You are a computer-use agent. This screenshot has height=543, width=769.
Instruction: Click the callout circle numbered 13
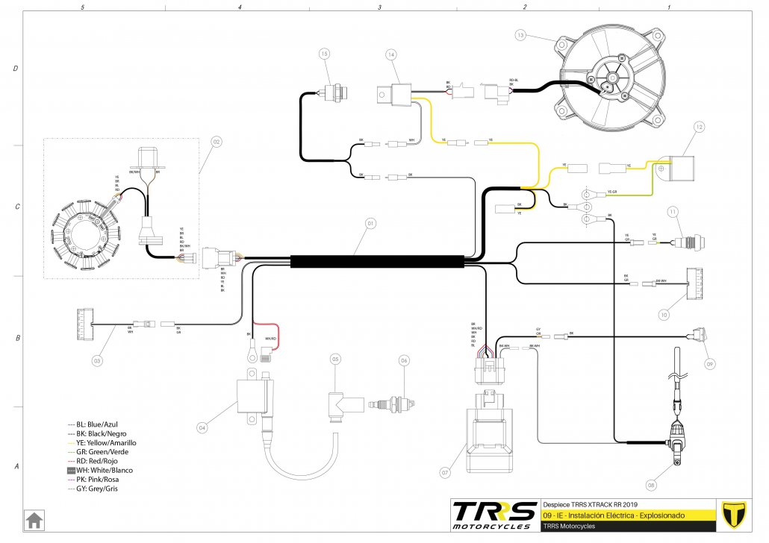[521, 35]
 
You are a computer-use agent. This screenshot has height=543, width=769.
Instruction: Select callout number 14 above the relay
[391, 54]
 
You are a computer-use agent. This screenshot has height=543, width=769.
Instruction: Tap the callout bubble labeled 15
[324, 54]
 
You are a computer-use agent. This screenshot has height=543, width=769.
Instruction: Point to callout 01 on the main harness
[369, 222]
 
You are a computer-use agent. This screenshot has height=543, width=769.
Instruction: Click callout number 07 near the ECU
[446, 472]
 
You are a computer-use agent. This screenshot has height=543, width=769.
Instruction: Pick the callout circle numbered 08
[651, 486]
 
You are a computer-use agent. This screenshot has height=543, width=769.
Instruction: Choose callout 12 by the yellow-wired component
[700, 128]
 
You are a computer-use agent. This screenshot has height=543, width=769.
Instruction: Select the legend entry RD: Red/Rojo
[101, 461]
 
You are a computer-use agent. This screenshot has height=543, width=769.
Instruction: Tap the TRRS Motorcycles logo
[494, 515]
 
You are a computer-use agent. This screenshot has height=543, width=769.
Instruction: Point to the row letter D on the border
[16, 68]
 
